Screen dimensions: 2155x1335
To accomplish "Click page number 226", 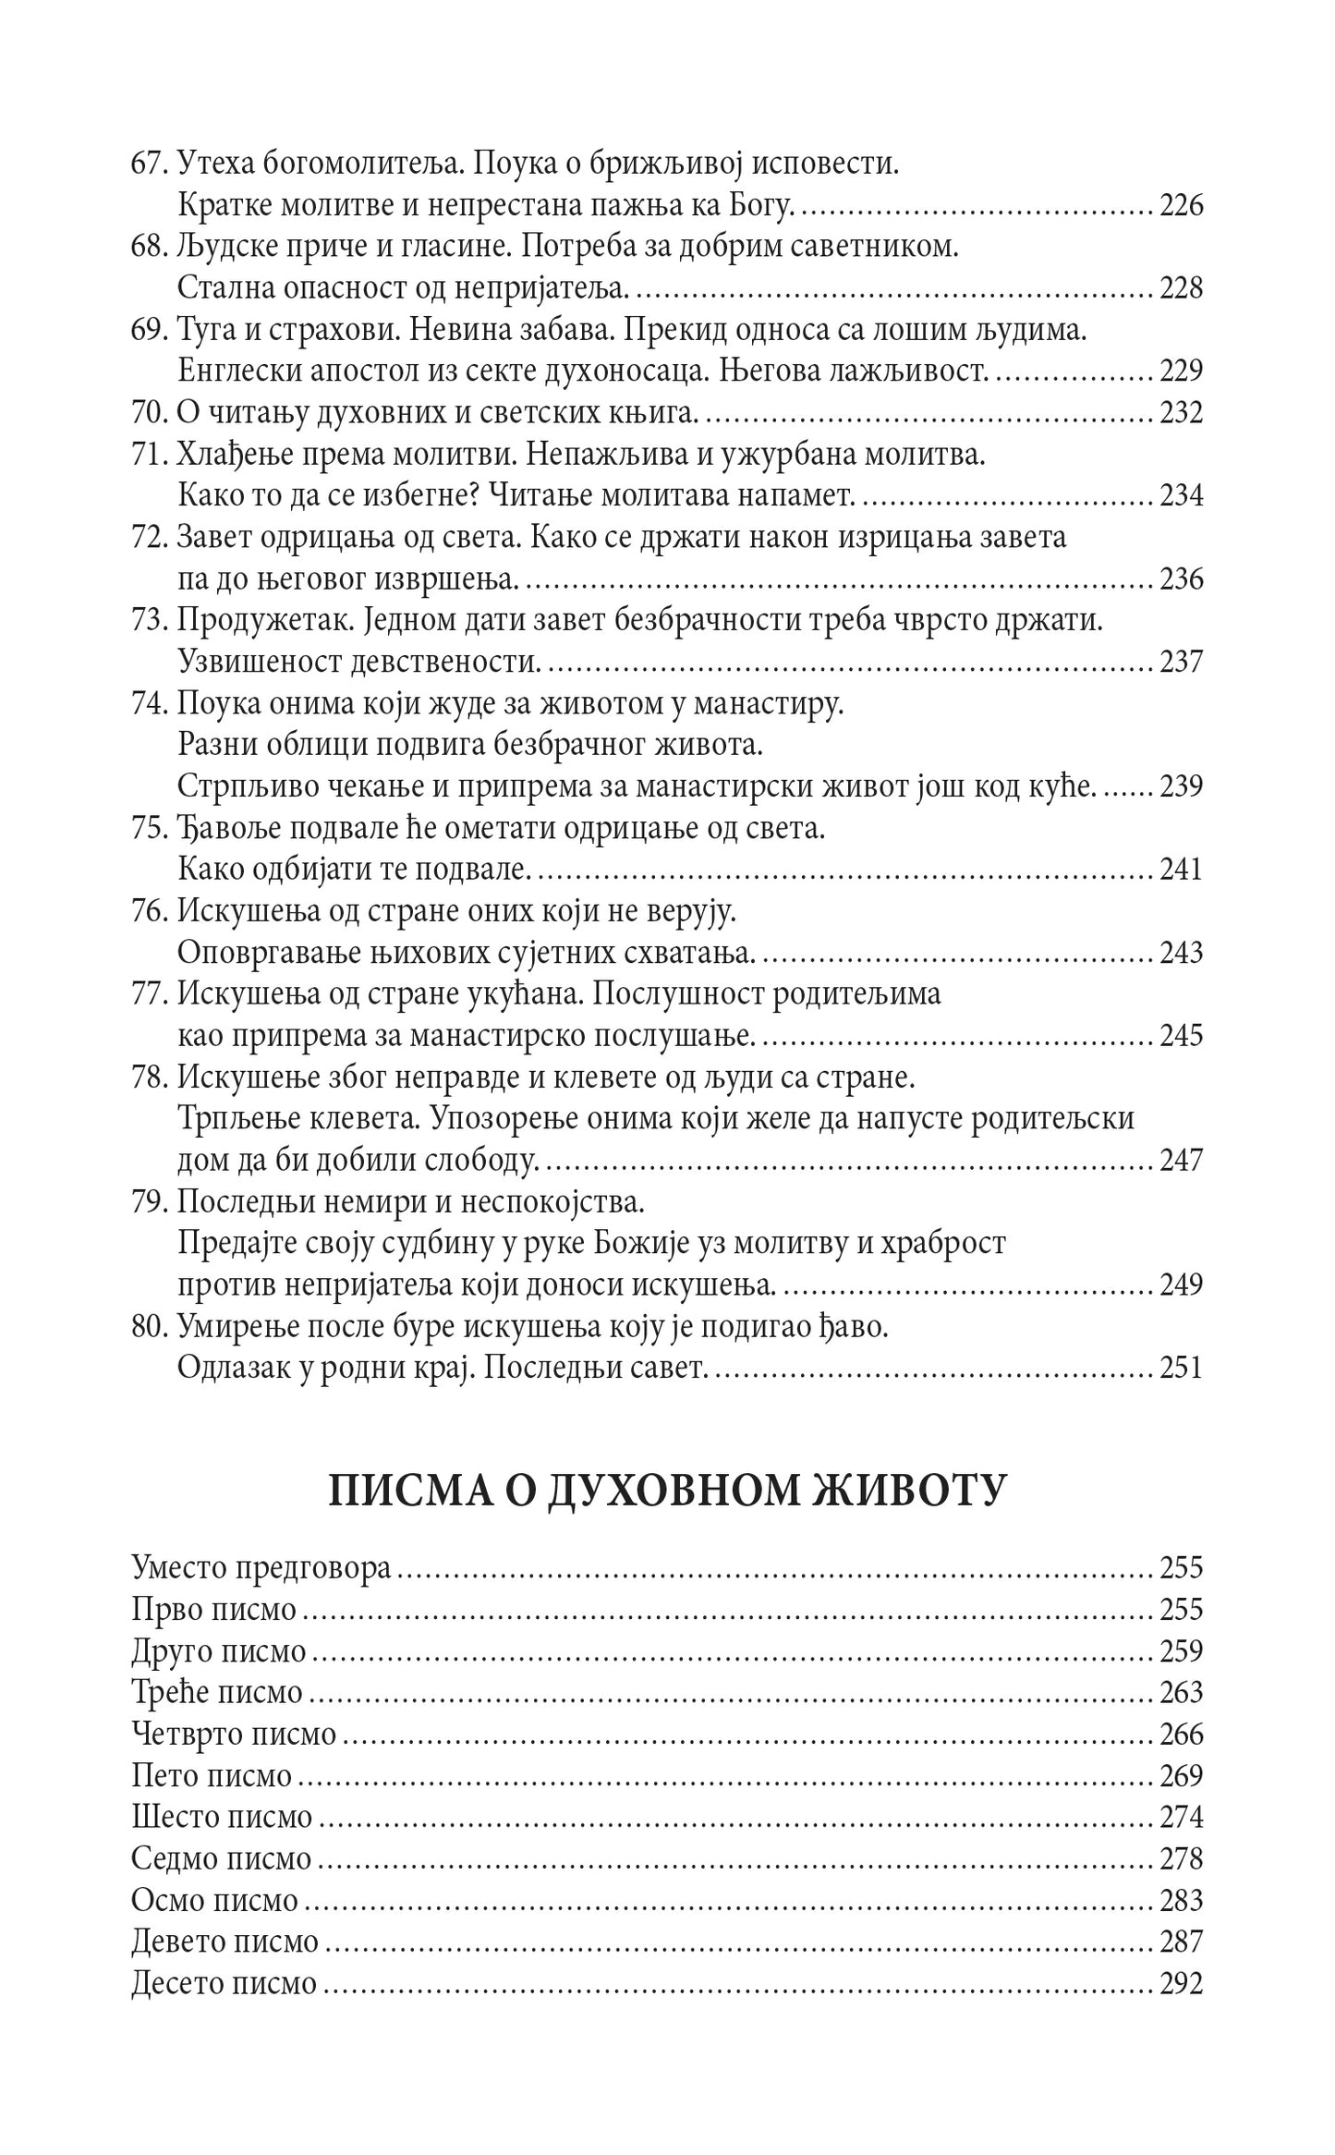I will tap(1181, 205).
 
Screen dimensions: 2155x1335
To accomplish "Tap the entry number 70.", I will tap(149, 413).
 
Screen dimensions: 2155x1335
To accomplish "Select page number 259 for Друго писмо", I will tap(1181, 1651).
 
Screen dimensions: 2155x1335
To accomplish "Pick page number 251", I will tap(1181, 1368).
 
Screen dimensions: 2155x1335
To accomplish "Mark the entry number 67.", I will tap(149, 164).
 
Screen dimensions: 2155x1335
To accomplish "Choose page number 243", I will tap(1181, 953).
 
